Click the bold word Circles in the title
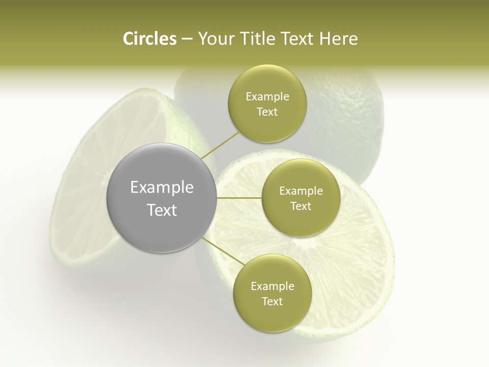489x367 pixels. [x=149, y=39]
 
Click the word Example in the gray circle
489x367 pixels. [x=162, y=188]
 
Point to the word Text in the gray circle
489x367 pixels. [x=162, y=210]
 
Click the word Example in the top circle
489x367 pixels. [x=267, y=97]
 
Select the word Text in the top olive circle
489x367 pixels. [x=267, y=112]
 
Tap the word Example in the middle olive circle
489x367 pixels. [x=301, y=191]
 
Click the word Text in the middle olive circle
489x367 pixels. [x=301, y=206]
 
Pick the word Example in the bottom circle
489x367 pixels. [x=273, y=286]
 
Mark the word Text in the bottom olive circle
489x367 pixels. [x=273, y=302]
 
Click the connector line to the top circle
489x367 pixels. [x=220, y=145]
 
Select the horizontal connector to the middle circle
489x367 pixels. [x=239, y=198]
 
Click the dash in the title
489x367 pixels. [x=187, y=39]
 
